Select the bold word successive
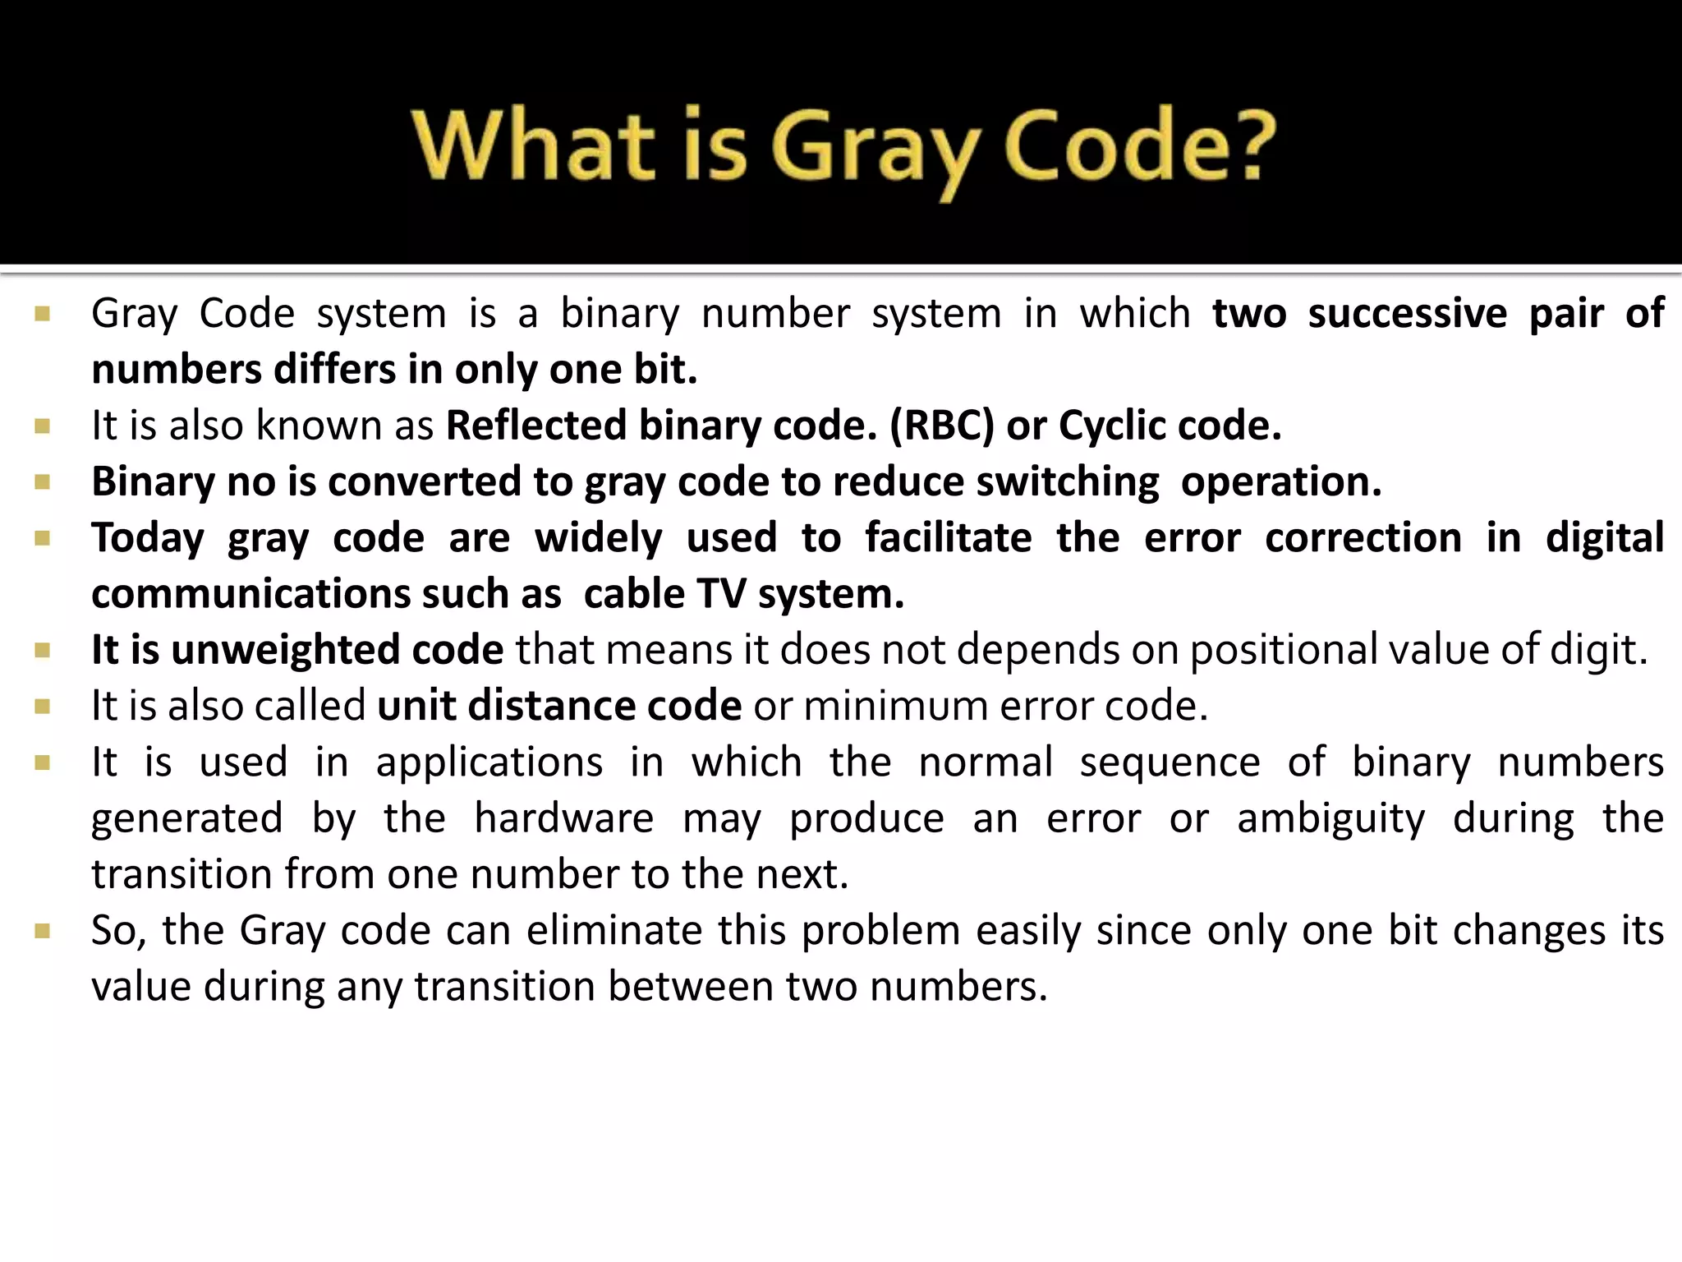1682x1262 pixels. point(1407,313)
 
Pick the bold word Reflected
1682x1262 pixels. point(536,426)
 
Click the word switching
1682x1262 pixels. point(1067,481)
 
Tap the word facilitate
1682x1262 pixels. point(948,537)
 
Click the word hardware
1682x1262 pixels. point(563,818)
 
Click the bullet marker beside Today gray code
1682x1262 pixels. point(43,538)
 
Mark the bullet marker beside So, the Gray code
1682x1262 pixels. point(43,931)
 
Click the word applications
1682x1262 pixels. point(489,762)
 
